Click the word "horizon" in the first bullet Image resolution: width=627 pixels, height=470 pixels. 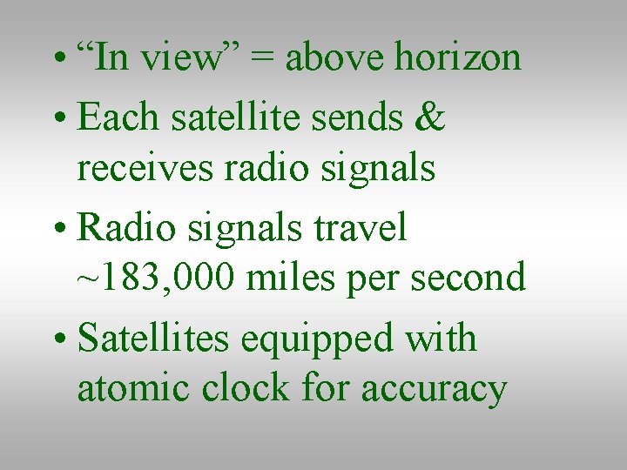[x=458, y=58]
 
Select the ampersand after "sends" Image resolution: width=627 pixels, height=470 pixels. [x=431, y=117]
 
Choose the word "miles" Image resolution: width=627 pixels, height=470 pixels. [x=289, y=278]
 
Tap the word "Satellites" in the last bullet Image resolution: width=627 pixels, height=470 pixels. [x=153, y=338]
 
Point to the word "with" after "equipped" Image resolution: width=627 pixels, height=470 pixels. [x=447, y=338]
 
